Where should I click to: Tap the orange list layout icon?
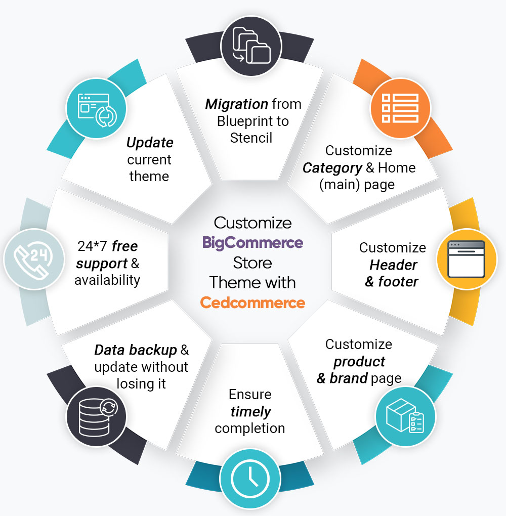[400, 108]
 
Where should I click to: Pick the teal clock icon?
[249, 478]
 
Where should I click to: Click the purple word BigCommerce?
[252, 242]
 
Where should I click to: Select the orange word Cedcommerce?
[252, 303]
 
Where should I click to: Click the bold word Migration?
[236, 104]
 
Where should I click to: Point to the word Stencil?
[251, 138]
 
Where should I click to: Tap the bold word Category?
[332, 167]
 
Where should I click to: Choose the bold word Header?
[393, 265]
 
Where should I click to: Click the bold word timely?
[250, 411]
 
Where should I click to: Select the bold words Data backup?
[136, 350]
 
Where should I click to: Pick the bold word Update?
[150, 143]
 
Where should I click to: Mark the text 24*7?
[93, 246]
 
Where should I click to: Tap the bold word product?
[359, 361]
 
